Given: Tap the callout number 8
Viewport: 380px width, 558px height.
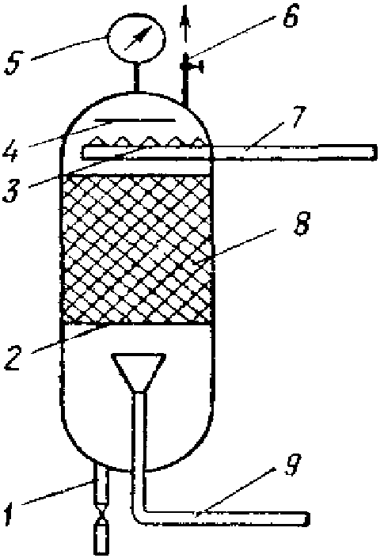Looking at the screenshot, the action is click(x=302, y=223).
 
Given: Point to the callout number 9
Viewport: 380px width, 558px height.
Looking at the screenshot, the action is click(x=292, y=464).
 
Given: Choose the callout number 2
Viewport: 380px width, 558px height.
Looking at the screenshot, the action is click(x=13, y=358).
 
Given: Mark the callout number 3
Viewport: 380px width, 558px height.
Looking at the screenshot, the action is click(x=10, y=191).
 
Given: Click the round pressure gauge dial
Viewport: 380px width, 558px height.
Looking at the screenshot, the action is click(x=136, y=37).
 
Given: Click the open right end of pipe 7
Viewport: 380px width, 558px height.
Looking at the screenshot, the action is click(x=374, y=152).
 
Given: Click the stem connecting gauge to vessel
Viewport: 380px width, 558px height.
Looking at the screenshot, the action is click(x=135, y=77).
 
